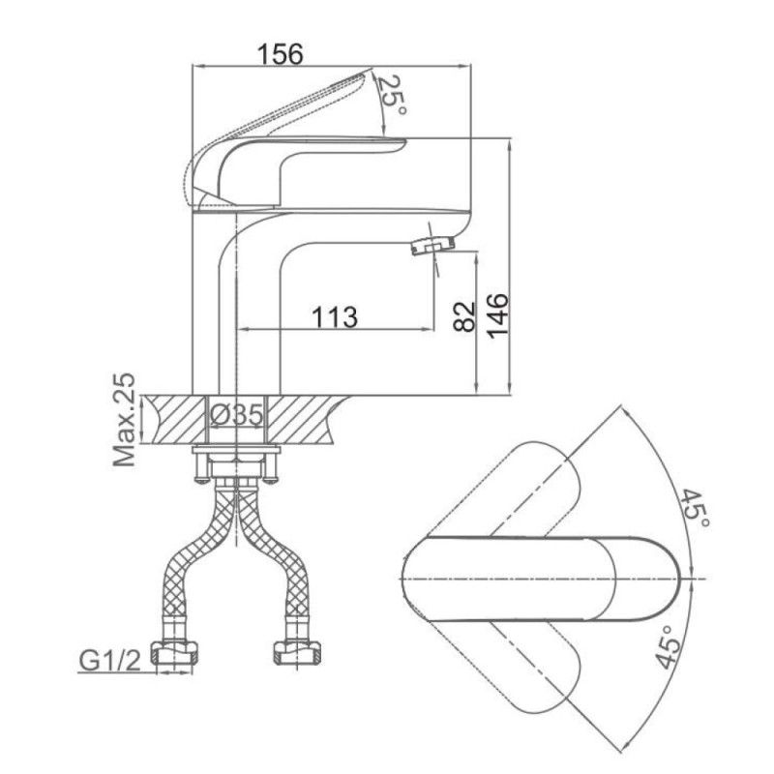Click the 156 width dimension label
click(281, 54)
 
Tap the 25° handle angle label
click(392, 94)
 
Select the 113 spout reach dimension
click(334, 317)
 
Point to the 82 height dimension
click(464, 316)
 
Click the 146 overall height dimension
click(497, 316)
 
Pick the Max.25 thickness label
click(124, 420)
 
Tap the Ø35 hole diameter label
click(236, 415)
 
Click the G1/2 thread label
click(110, 661)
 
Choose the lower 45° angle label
click(669, 646)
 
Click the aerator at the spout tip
click(432, 245)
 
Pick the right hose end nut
click(297, 652)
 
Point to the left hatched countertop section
click(174, 419)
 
